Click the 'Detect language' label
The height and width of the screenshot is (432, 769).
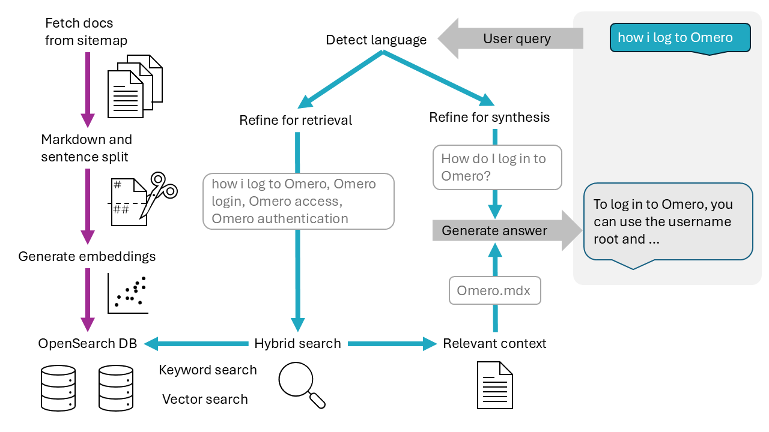coord(376,40)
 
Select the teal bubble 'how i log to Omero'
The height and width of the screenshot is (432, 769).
coord(679,38)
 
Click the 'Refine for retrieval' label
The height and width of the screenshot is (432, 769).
coord(296,121)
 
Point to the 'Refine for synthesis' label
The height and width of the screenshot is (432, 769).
coord(489,118)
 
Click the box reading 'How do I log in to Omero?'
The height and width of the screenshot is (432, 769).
coord(497,167)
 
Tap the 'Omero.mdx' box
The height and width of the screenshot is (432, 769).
coord(494,291)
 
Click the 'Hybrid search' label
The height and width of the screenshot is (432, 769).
coord(297,344)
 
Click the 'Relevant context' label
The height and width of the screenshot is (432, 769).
coord(494,344)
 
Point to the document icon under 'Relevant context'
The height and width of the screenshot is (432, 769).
coord(494,385)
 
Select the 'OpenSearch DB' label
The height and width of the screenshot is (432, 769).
coord(88,344)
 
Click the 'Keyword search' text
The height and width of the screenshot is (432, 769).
coord(207,370)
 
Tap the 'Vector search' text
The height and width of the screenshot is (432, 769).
coord(205,400)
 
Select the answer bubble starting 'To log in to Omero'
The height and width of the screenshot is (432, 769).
coord(668,222)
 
